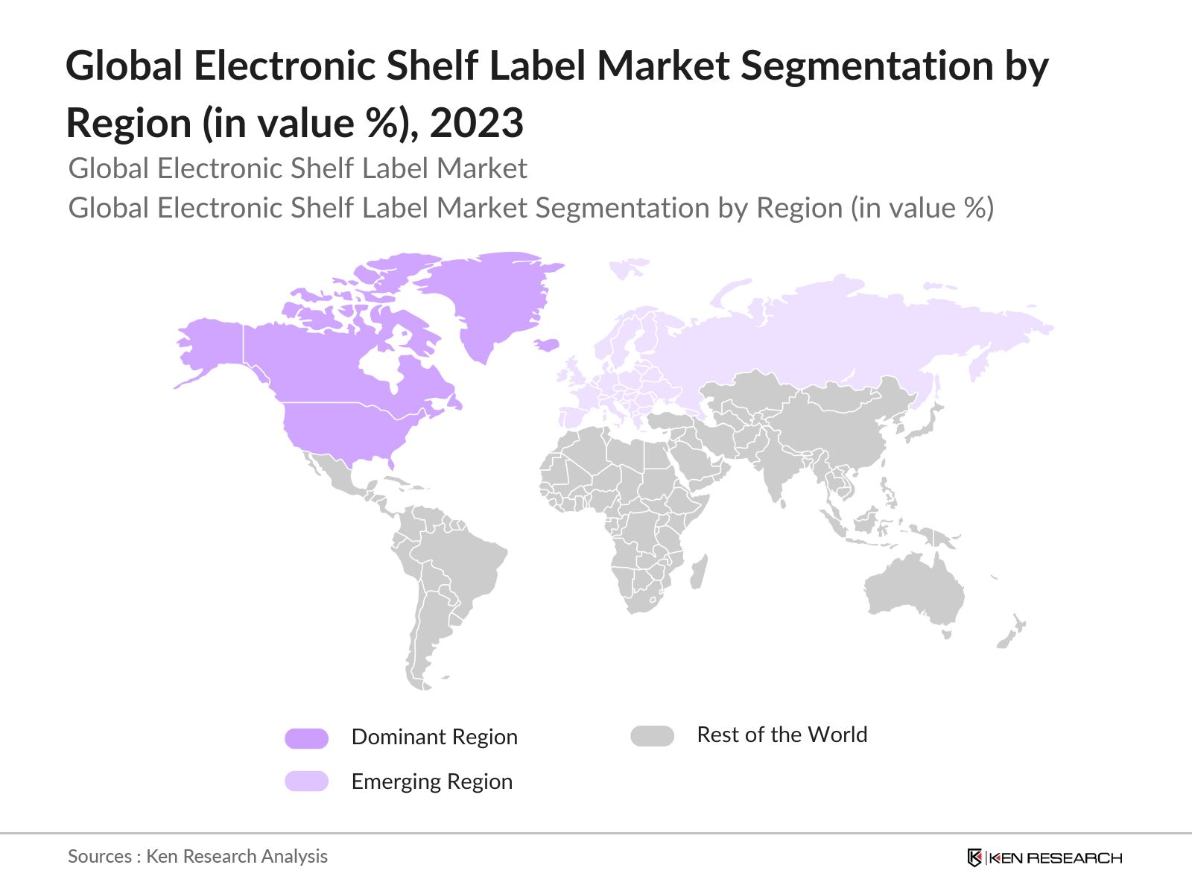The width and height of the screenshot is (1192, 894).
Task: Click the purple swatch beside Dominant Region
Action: pos(306,738)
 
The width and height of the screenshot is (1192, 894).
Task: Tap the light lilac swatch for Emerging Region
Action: pos(306,781)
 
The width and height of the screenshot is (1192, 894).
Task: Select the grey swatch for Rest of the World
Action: pos(652,736)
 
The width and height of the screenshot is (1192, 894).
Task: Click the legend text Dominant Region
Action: pos(434,737)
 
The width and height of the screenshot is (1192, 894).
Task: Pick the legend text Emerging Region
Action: pos(432,782)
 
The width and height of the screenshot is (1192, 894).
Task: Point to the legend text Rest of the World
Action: pos(782,735)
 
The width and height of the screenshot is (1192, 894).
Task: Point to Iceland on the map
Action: pos(548,344)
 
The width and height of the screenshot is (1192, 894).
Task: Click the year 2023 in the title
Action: pos(477,123)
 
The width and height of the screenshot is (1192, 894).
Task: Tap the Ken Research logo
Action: pos(1044,857)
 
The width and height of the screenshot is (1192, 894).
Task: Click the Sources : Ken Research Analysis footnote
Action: pos(197,856)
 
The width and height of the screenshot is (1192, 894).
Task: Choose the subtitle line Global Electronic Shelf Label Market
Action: pos(297,168)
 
